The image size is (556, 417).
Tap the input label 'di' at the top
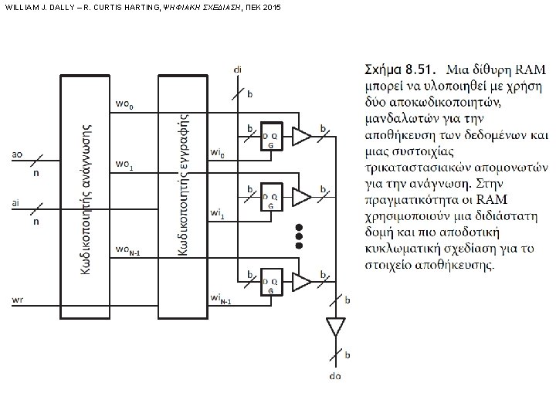pyautogui.click(x=236, y=69)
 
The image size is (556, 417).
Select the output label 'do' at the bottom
pyautogui.click(x=334, y=377)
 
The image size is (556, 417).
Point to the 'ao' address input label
pyautogui.click(x=17, y=154)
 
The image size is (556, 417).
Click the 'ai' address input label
pyautogui.click(x=16, y=203)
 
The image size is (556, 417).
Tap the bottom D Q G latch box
pyautogui.click(x=271, y=283)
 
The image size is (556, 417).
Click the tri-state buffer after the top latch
pyautogui.click(x=302, y=137)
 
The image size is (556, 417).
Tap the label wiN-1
pyautogui.click(x=220, y=299)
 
